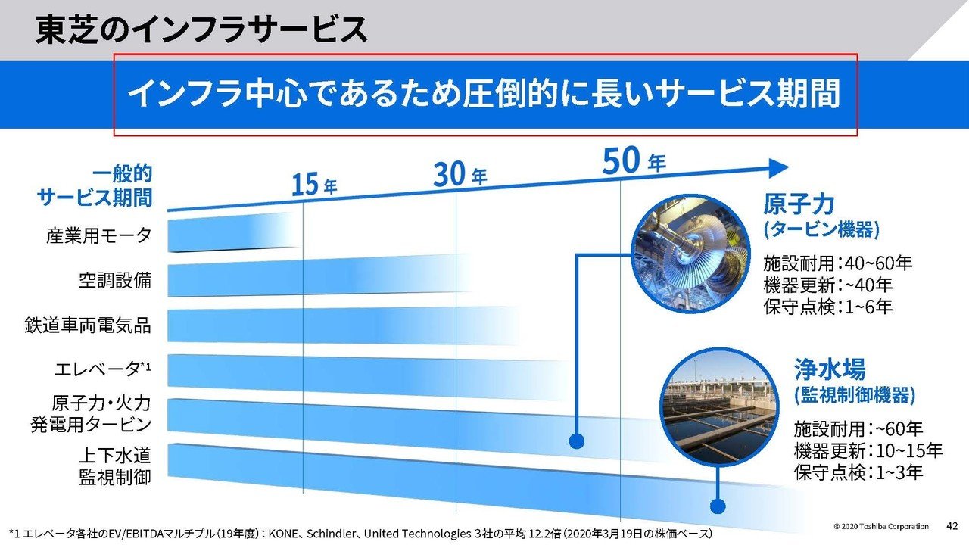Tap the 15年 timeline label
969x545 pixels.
click(314, 184)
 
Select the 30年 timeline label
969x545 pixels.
click(460, 175)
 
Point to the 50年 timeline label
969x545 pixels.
click(634, 161)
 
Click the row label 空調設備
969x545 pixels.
click(115, 281)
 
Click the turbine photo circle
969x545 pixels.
click(690, 254)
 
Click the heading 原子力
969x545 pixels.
click(799, 204)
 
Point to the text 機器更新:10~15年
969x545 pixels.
click(868, 451)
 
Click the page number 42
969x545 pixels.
click(953, 525)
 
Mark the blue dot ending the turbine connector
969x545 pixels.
click(577, 440)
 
